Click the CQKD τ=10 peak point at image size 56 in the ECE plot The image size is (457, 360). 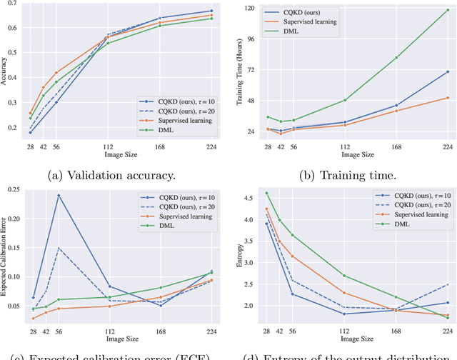[59, 195]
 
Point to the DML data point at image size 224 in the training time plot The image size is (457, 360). [448, 19]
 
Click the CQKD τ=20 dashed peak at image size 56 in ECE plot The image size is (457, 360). [59, 248]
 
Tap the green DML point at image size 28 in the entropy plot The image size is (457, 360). [267, 193]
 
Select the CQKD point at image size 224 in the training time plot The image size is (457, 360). [448, 71]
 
